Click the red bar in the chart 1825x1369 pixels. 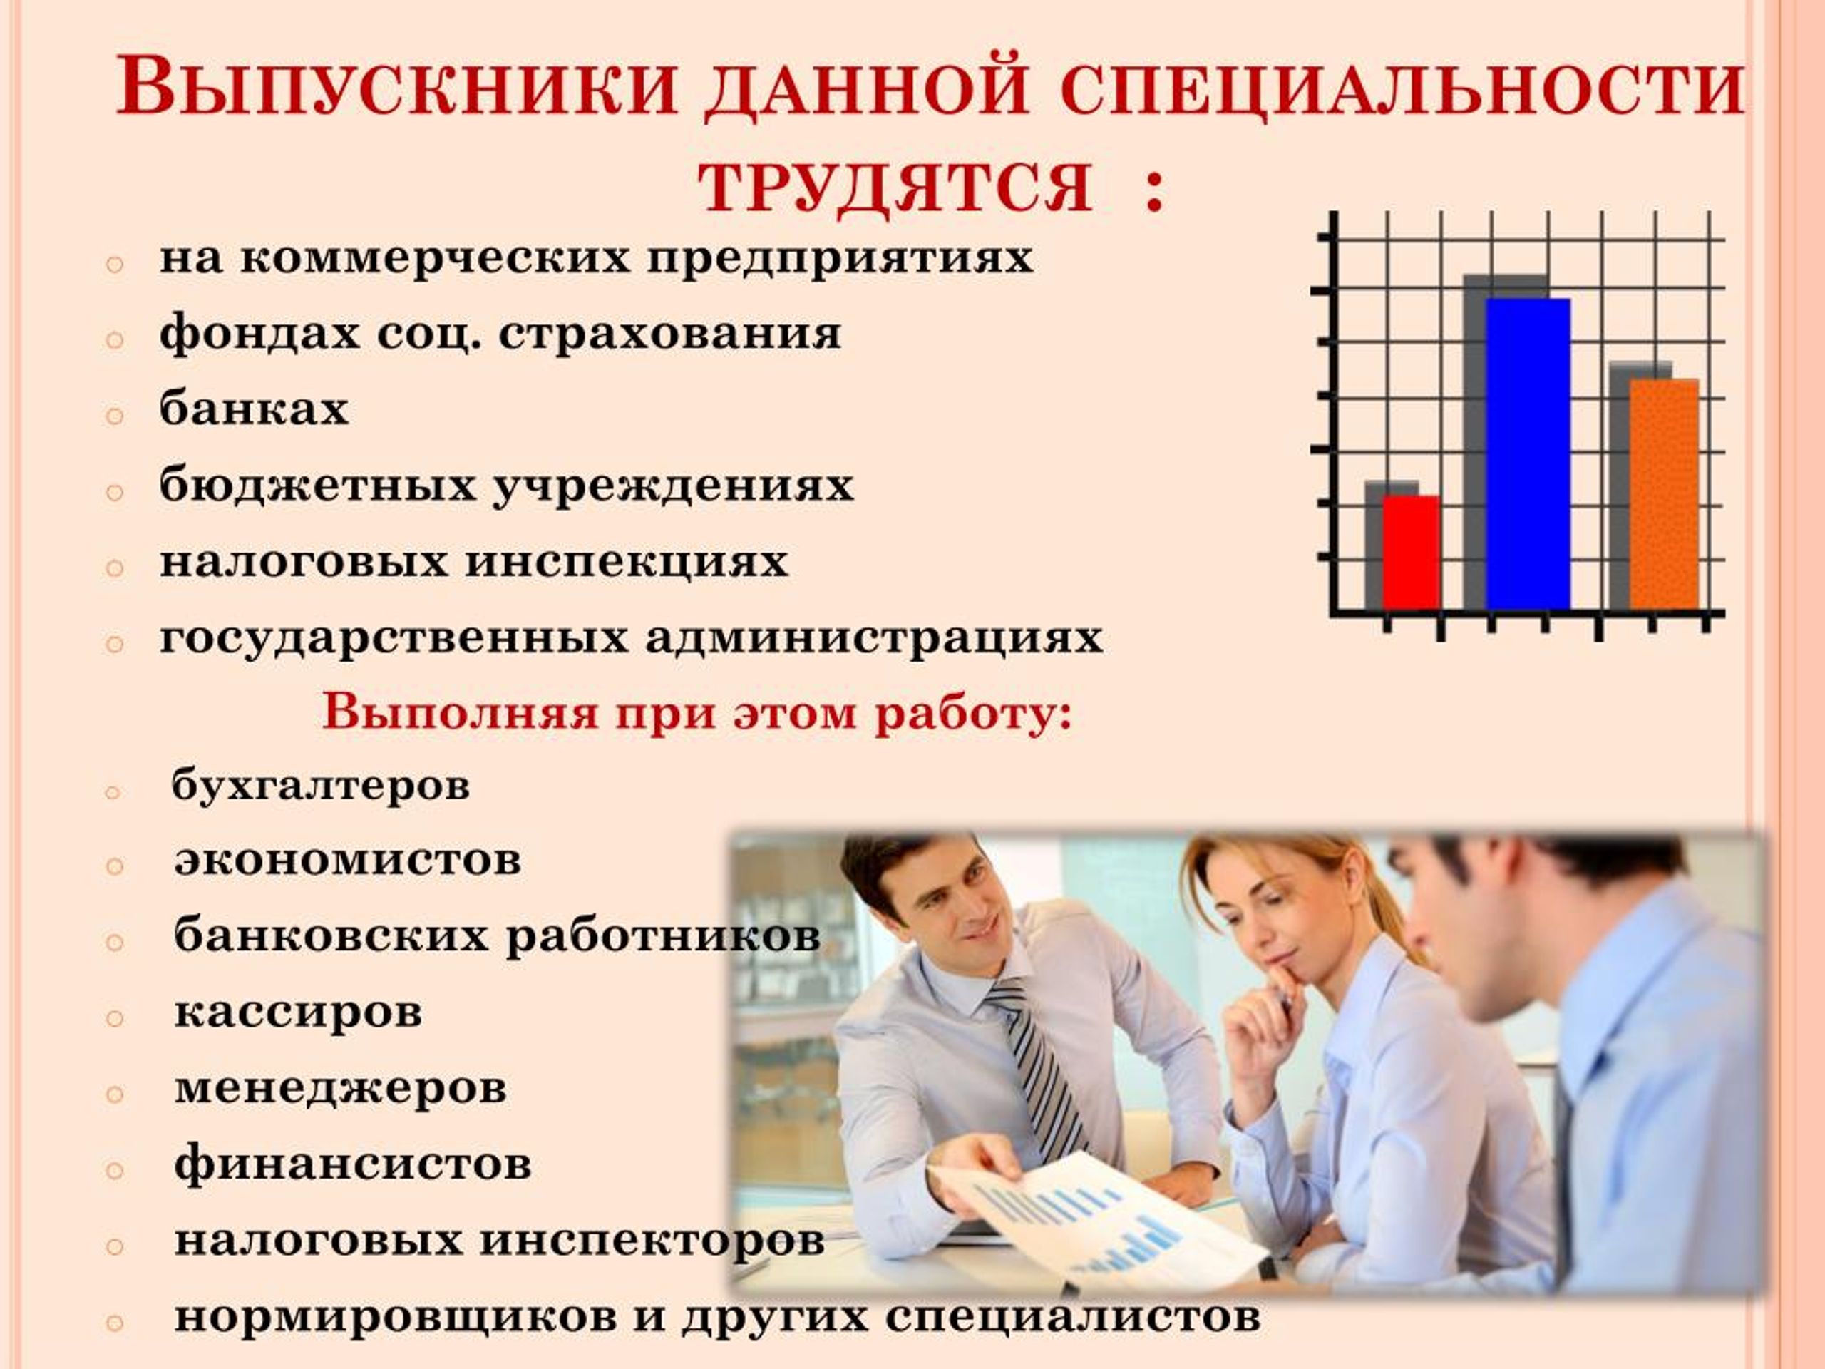[x=1411, y=553]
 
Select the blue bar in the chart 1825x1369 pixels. [x=1527, y=455]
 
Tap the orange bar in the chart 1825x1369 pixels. [x=1664, y=495]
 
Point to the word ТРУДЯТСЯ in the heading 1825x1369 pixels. [x=896, y=188]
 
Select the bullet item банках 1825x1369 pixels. [x=254, y=409]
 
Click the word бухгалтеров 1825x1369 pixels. [x=321, y=786]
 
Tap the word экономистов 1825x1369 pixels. [x=347, y=860]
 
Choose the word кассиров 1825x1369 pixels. [x=298, y=1012]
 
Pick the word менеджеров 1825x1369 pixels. [x=340, y=1089]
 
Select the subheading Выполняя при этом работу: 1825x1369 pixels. [x=697, y=712]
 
